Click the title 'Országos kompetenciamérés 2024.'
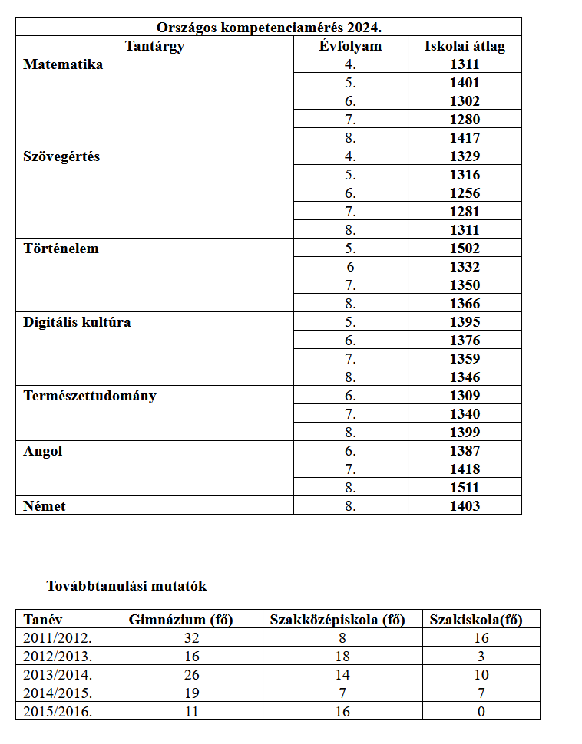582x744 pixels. pos(269,28)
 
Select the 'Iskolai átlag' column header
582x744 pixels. pos(465,46)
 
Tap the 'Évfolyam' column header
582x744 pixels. pos(351,46)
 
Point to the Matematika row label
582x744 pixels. pos(63,64)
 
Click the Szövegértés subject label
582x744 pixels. pos(61,156)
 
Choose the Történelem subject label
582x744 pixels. pos(61,249)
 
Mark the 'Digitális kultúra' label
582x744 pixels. pos(77,322)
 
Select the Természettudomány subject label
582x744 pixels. pos(90,396)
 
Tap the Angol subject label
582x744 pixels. pos(43,451)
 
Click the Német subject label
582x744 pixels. pos(45,506)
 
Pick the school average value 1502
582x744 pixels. pos(465,249)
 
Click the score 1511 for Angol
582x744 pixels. pos(465,488)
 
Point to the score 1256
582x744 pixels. pos(465,193)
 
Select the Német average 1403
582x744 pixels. pos(465,506)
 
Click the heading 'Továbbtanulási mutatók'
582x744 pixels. pos(127,586)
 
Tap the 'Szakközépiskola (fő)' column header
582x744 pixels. pos(337,620)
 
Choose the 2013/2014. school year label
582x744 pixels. pos(58,675)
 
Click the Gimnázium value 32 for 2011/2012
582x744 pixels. pos(192,638)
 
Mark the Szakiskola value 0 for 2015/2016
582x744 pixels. pos(481,712)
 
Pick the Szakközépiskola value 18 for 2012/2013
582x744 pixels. pos(342,657)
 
